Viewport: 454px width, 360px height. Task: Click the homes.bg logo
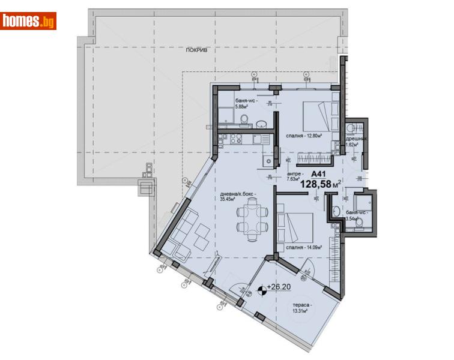[x=29, y=21]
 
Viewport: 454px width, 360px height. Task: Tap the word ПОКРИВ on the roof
[x=196, y=52]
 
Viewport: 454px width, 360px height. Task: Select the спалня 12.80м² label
[x=304, y=136]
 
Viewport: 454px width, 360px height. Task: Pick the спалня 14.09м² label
[x=304, y=247]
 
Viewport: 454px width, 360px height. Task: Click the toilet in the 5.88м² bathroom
[x=243, y=122]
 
